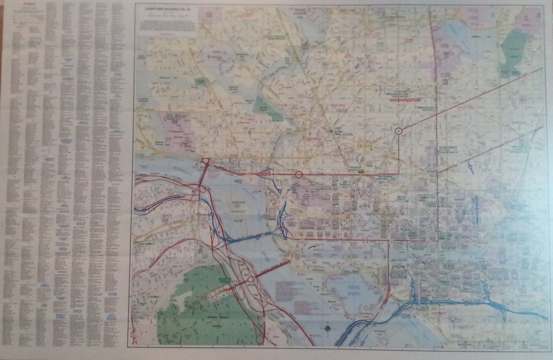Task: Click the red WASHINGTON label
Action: click(405, 100)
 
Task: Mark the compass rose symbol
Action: click(328, 329)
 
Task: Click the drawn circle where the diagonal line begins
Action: click(399, 130)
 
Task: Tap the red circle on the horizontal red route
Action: click(299, 175)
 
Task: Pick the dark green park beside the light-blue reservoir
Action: click(513, 52)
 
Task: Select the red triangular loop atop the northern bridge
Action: click(206, 161)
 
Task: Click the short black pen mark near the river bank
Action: click(312, 247)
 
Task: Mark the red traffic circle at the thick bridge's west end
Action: click(250, 279)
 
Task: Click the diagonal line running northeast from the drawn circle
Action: click(470, 99)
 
